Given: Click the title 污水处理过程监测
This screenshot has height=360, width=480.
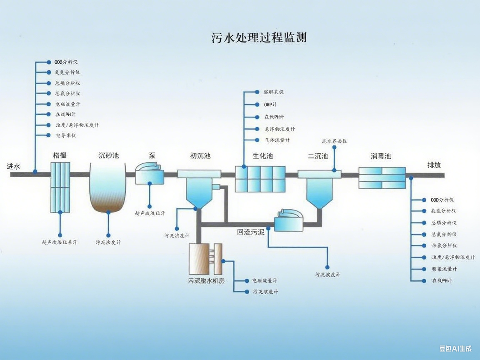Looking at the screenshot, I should [259, 37].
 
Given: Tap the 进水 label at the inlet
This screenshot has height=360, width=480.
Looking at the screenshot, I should [13, 166].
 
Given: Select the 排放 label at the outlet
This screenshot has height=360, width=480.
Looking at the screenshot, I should [434, 165].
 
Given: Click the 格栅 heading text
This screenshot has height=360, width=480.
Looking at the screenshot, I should [60, 155].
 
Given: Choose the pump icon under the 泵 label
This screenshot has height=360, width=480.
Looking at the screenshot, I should [148, 173].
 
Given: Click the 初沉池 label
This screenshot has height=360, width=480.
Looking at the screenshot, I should [200, 156].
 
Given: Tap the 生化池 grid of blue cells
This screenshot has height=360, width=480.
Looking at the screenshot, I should [260, 179].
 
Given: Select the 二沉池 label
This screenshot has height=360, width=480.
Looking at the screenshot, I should [317, 156].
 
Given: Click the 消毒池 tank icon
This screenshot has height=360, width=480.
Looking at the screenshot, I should [382, 178].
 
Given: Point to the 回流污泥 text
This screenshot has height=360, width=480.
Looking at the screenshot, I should [251, 232].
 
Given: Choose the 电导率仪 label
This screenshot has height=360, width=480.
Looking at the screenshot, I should [66, 135].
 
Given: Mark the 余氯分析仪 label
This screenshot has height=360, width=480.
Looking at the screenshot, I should [444, 245].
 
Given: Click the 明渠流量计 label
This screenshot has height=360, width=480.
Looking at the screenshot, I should [444, 269].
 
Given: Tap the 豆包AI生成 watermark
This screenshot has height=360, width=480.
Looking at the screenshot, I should [455, 348].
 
